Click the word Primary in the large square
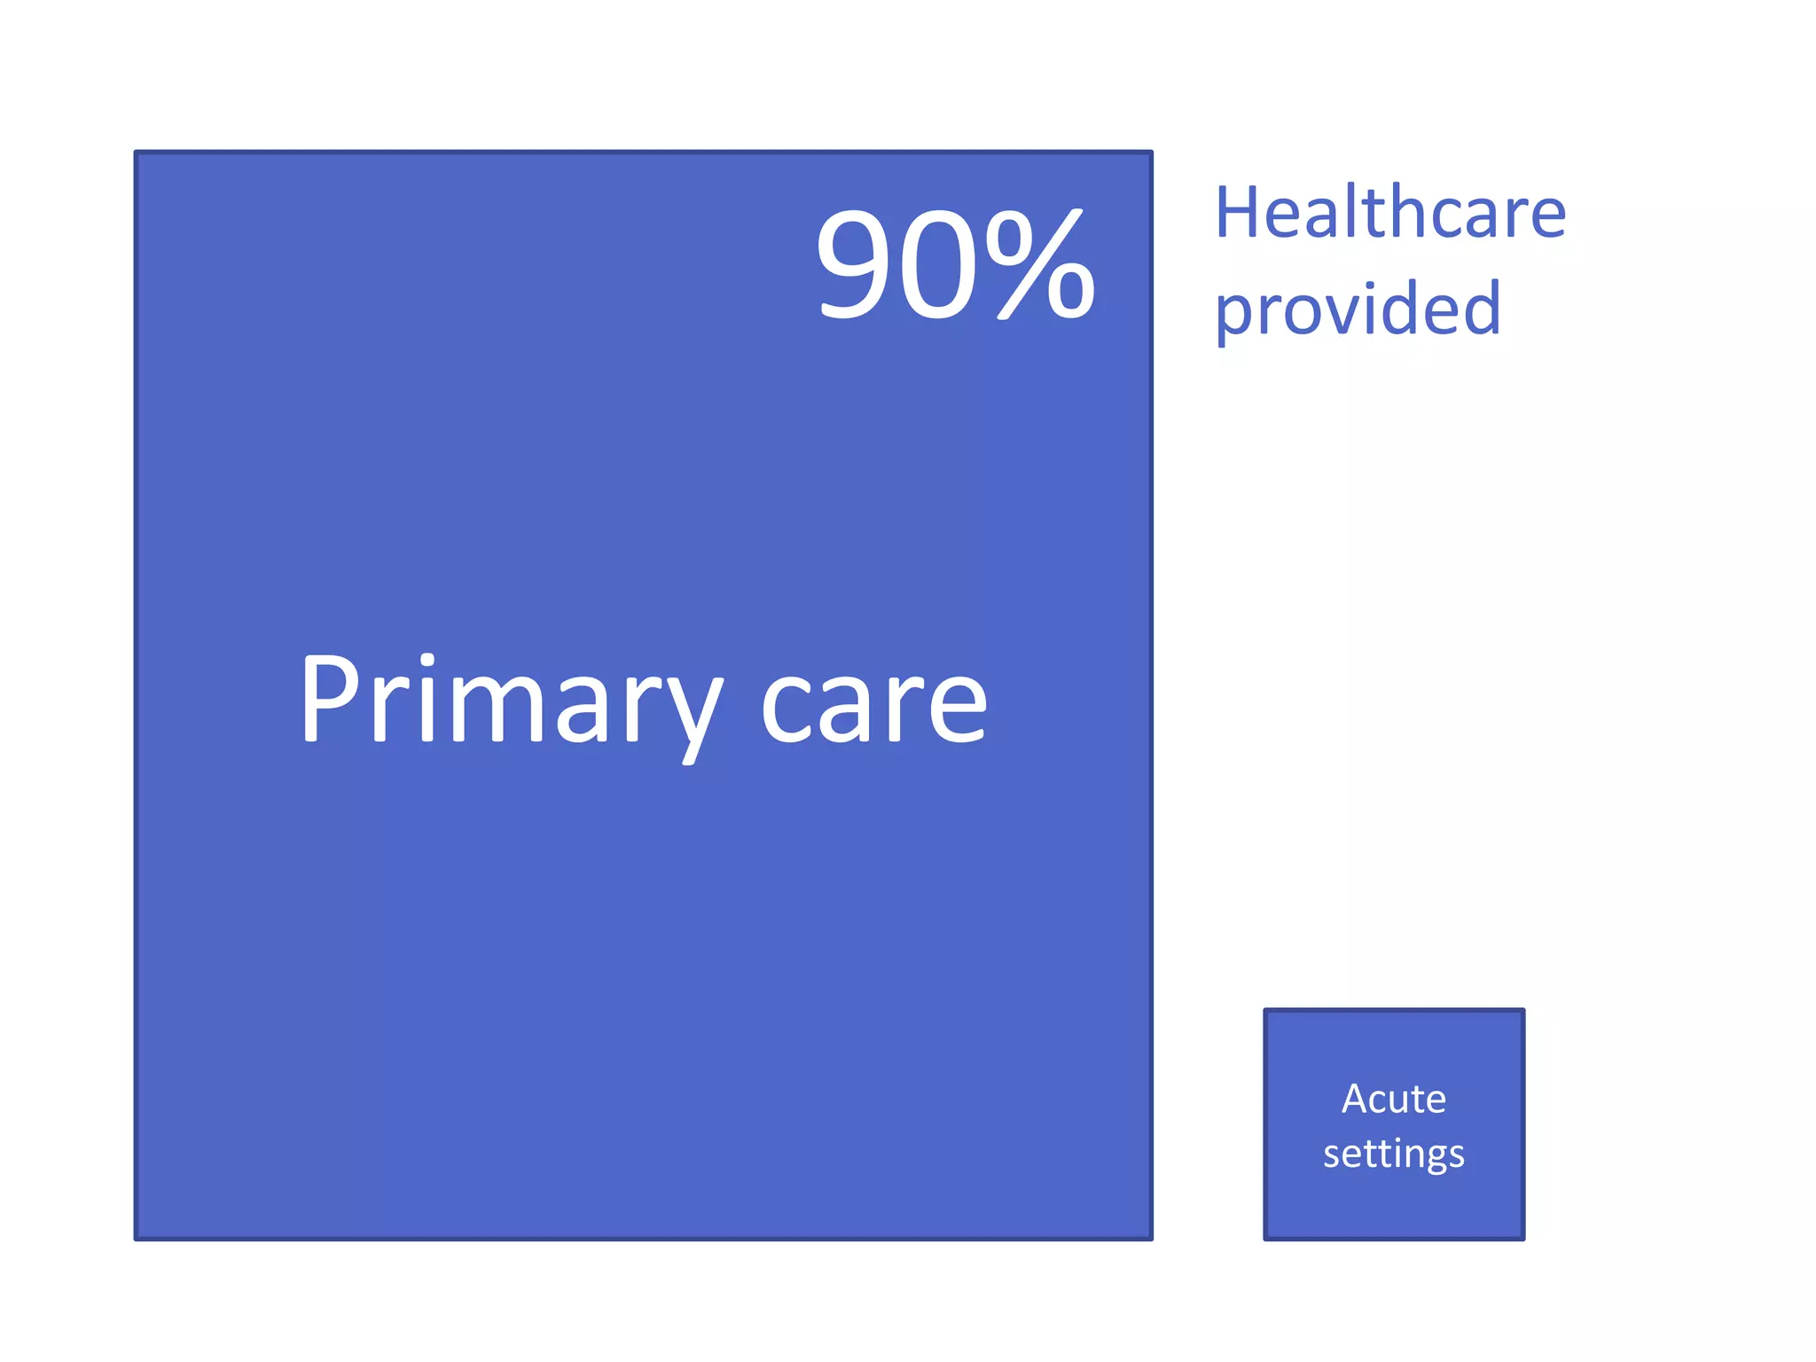click(510, 701)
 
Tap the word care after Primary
click(873, 706)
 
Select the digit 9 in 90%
click(857, 263)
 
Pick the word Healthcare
click(1389, 213)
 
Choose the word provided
click(1358, 309)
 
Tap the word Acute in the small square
click(1393, 1099)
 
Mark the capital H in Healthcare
click(1238, 213)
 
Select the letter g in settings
click(1429, 1158)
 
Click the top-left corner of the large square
click(136, 153)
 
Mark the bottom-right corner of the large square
click(1151, 1238)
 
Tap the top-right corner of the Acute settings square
click(1523, 1010)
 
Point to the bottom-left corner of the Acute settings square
click(1265, 1238)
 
